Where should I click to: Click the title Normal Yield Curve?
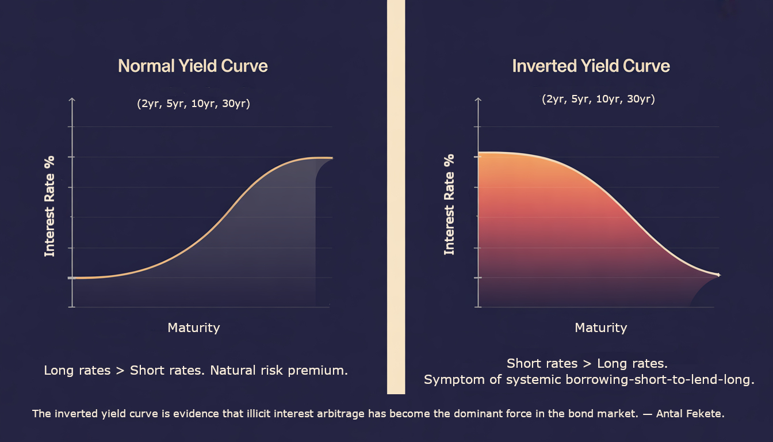click(193, 66)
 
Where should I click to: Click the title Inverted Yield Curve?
click(591, 66)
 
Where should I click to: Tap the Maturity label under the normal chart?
click(194, 327)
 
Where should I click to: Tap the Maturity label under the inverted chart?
click(601, 327)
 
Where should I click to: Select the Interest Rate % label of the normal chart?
click(49, 206)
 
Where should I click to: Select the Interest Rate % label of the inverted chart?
click(449, 205)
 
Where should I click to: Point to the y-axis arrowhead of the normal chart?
click(72, 100)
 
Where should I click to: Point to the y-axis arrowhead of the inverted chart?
click(478, 100)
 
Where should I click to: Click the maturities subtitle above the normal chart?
click(194, 103)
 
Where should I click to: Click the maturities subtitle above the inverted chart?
click(598, 99)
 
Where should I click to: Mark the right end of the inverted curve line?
click(720, 275)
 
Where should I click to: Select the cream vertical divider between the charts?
click(396, 197)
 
